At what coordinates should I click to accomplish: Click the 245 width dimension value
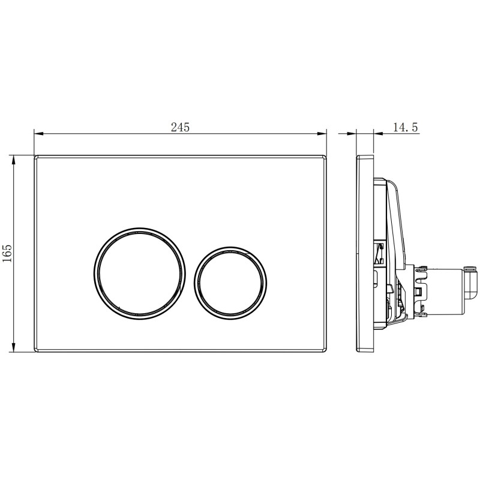(181, 127)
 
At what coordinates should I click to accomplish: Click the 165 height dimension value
(7, 253)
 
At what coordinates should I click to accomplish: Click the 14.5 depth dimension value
(406, 127)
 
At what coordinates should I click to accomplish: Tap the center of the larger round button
(140, 274)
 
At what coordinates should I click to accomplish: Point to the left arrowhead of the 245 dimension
(38, 133)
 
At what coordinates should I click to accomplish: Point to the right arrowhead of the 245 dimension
(322, 133)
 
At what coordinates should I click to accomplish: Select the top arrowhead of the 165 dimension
(13, 160)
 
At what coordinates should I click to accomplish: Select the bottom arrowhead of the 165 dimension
(13, 347)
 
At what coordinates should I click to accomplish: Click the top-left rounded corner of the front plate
(35, 157)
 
